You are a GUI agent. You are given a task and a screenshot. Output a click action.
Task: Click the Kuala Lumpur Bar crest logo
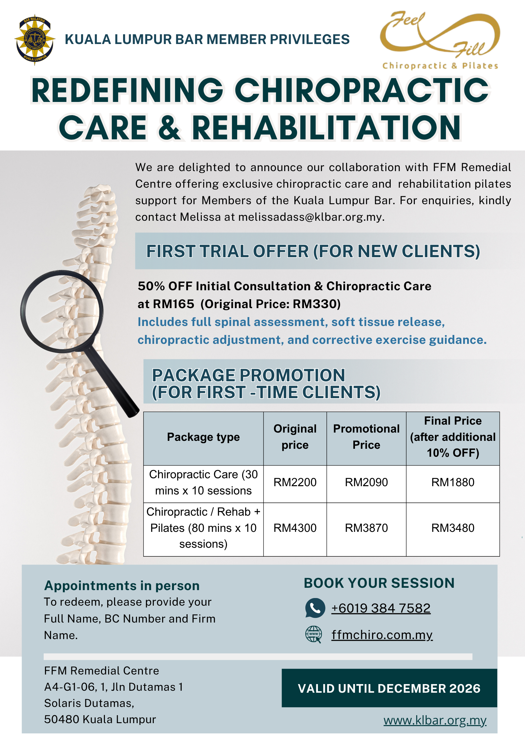click(x=35, y=40)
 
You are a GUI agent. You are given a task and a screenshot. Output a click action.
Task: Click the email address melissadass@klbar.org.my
click(x=310, y=217)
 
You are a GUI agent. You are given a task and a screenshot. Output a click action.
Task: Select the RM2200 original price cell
click(x=295, y=483)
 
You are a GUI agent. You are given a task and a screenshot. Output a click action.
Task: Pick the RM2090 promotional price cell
click(x=366, y=483)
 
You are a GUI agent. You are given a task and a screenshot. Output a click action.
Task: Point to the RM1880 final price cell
click(x=453, y=483)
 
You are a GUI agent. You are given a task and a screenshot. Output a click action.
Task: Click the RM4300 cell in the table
click(x=295, y=528)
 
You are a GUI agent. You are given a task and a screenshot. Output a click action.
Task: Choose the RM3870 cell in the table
click(x=366, y=528)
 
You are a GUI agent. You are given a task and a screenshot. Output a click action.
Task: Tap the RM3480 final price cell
click(x=453, y=528)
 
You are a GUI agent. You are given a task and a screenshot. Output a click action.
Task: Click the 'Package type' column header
click(x=203, y=437)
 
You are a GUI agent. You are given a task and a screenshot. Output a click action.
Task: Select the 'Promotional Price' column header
click(x=366, y=437)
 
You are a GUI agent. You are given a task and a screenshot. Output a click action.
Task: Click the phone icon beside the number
click(x=315, y=608)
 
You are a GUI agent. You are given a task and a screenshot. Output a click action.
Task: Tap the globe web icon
click(x=313, y=634)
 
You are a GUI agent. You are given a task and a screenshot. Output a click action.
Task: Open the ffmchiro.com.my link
click(x=382, y=635)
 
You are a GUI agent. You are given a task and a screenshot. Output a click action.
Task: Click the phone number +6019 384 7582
click(x=381, y=608)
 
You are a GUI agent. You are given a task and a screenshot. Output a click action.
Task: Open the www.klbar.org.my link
click(x=435, y=720)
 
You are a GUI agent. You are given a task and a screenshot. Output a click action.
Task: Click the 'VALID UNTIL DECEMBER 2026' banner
click(x=389, y=688)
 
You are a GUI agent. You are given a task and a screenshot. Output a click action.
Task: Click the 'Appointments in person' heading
click(x=122, y=585)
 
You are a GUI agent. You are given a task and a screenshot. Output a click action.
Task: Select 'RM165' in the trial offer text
click(x=173, y=304)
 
